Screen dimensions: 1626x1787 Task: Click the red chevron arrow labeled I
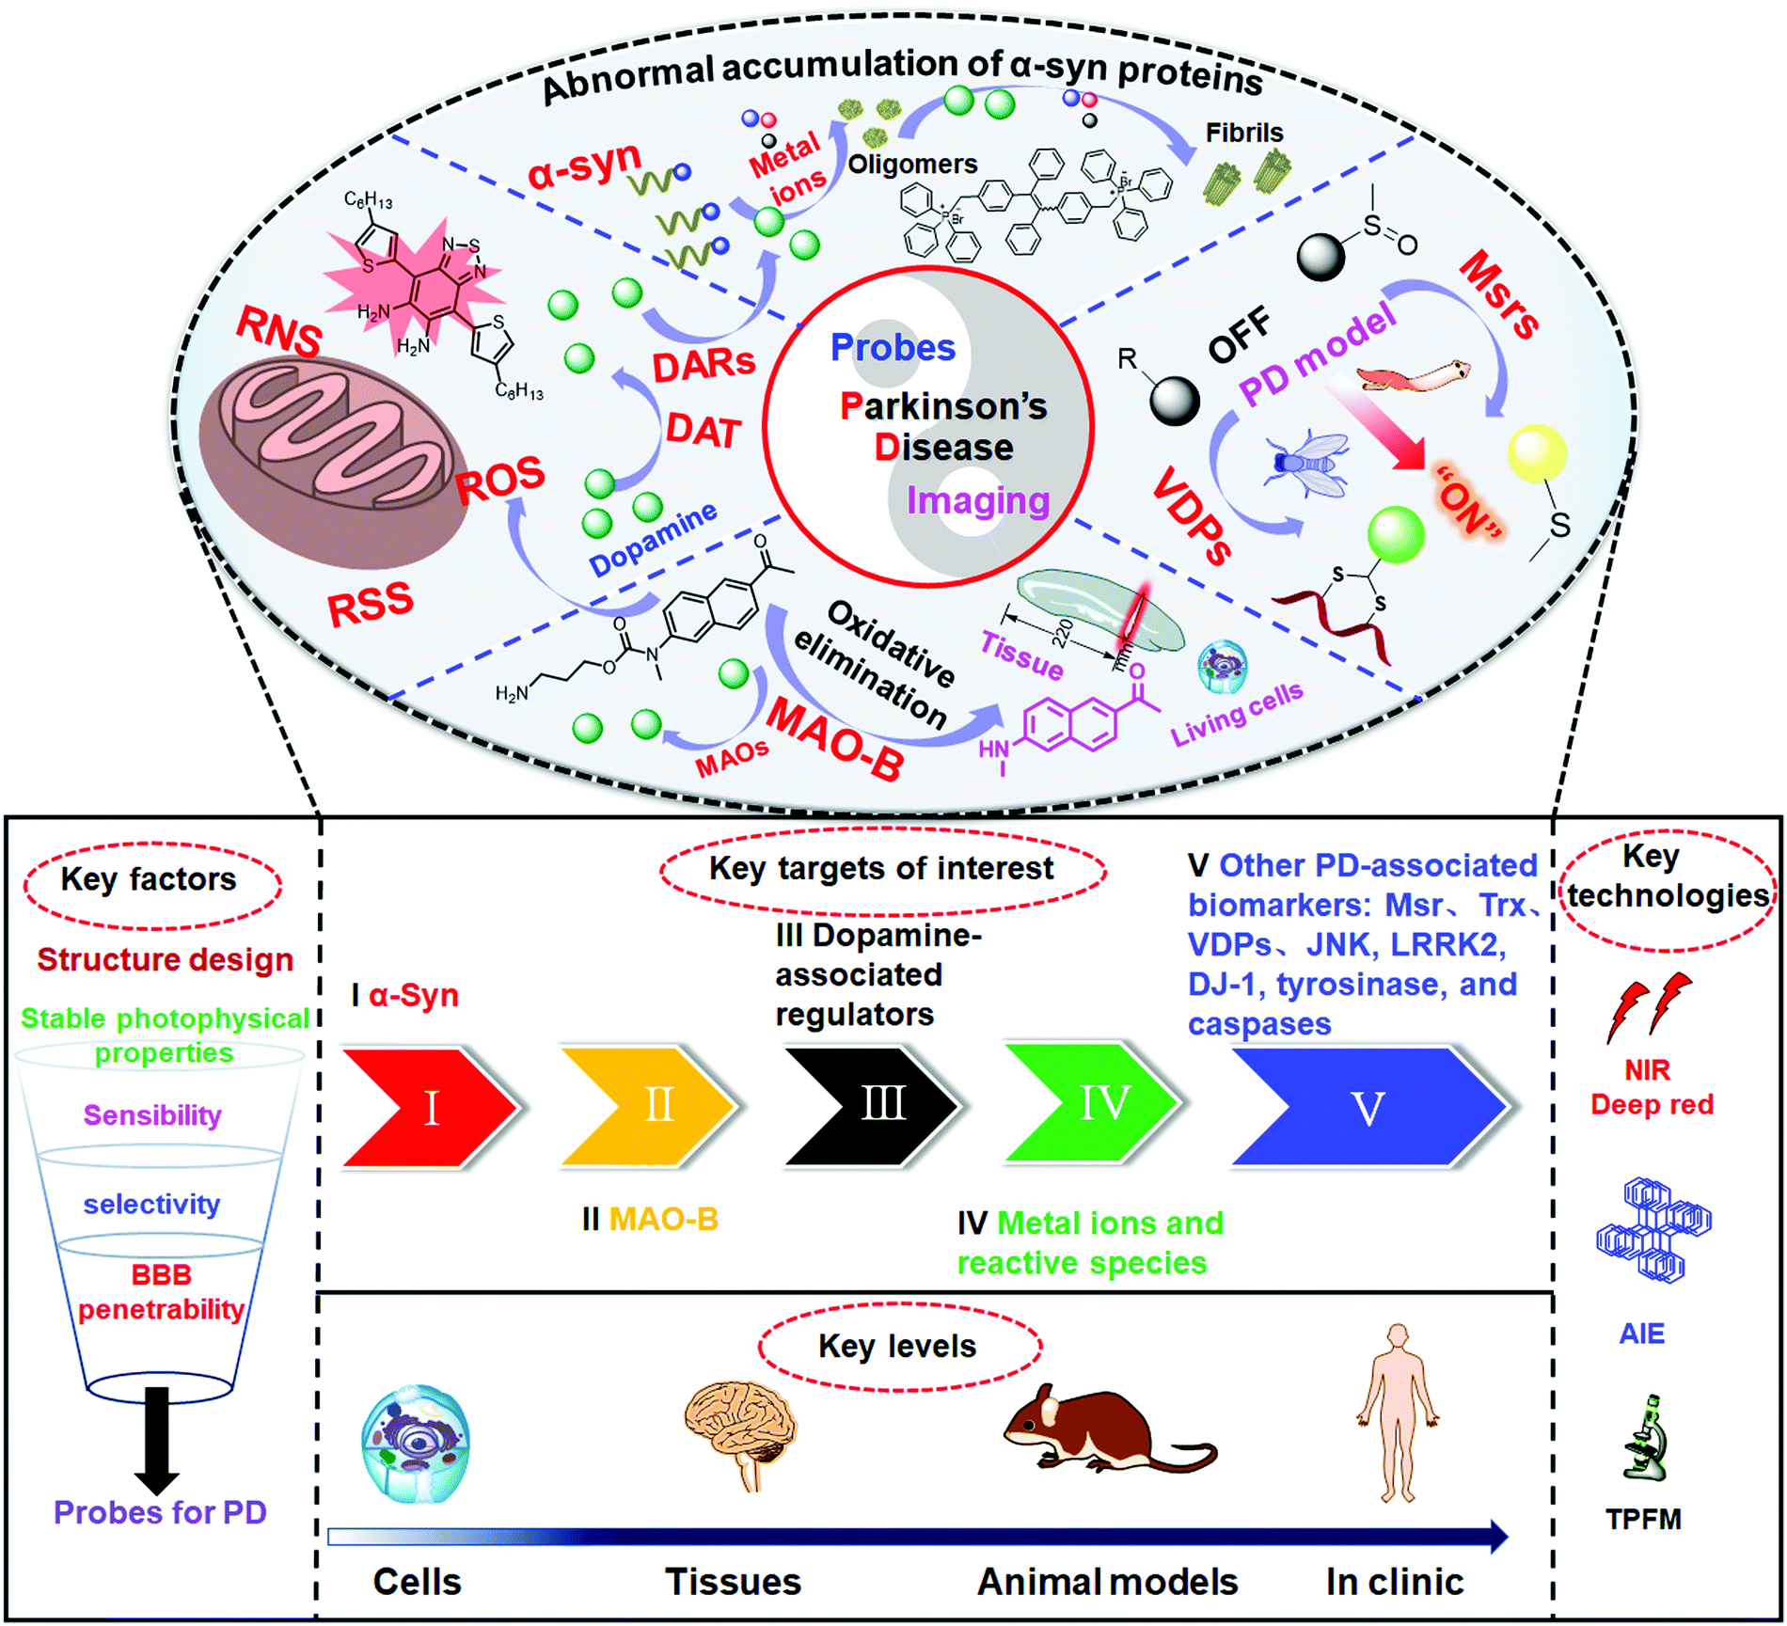(x=428, y=1107)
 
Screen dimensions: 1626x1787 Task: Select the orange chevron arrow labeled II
(x=649, y=1105)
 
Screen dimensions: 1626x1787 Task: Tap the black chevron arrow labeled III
(x=871, y=1105)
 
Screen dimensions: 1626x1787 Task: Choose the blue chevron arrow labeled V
(x=1364, y=1107)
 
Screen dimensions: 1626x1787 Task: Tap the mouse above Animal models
(x=1100, y=1429)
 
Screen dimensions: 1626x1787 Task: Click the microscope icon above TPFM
(x=1646, y=1440)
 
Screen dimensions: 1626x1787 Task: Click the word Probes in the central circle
(x=893, y=348)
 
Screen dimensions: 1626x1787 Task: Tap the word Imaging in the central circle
(x=977, y=500)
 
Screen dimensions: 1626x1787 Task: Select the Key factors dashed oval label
(x=150, y=880)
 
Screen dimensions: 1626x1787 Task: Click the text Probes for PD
(x=160, y=1513)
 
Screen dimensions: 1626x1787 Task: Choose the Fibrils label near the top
(x=1243, y=133)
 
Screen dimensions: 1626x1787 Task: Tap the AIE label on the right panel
(x=1641, y=1334)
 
